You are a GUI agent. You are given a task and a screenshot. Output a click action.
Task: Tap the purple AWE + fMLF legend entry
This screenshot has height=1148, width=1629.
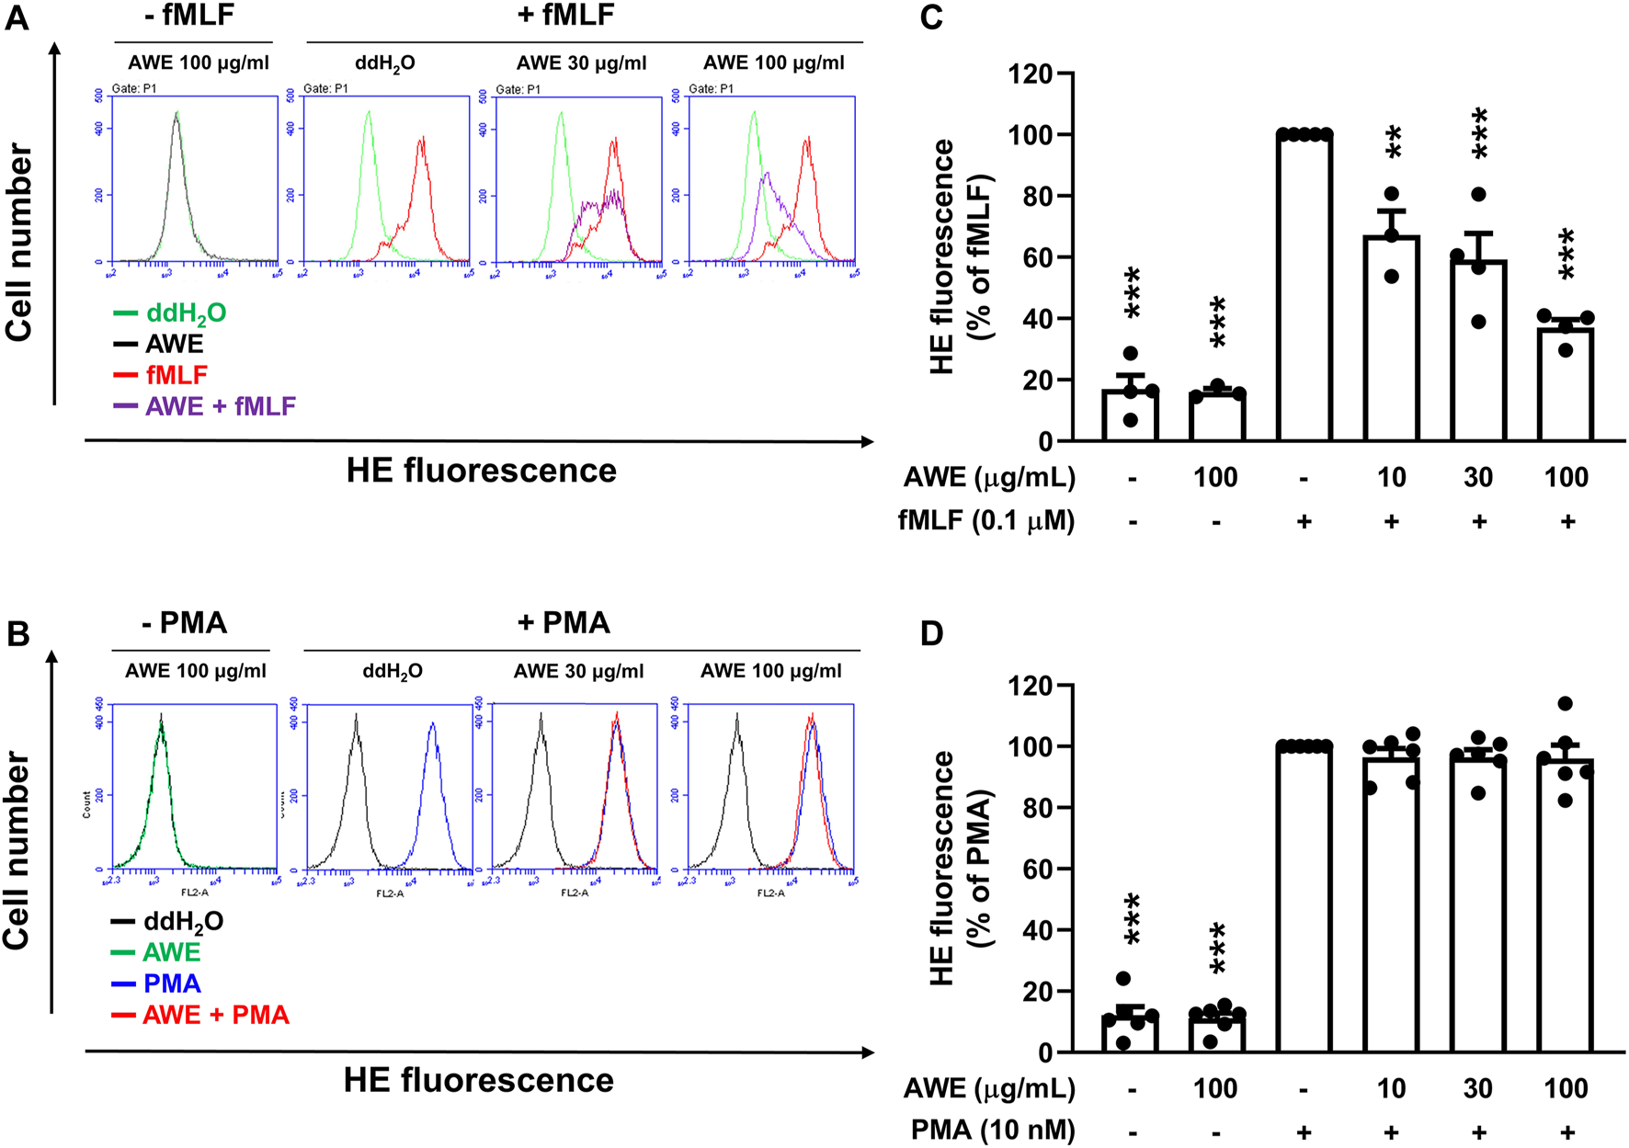pos(220,406)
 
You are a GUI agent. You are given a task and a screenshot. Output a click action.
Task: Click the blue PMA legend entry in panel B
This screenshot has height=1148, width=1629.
pos(172,983)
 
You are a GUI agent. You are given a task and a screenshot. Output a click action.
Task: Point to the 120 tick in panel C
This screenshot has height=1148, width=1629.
pos(1031,74)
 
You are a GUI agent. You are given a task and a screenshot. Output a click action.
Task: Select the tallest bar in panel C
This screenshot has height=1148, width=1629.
pos(1304,288)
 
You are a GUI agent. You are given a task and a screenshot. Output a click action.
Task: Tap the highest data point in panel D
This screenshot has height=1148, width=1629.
pos(1566,704)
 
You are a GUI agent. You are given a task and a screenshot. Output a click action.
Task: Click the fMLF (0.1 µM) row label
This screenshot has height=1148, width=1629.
pos(985,521)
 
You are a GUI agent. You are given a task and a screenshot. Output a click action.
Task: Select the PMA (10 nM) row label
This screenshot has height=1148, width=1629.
pos(992,1130)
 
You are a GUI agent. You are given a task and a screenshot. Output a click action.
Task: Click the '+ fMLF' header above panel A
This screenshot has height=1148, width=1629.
pos(565,15)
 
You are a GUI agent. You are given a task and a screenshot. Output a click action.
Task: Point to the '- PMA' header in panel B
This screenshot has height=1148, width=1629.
pos(184,622)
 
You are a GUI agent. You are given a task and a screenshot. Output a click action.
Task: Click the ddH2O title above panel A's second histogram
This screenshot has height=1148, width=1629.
pos(385,63)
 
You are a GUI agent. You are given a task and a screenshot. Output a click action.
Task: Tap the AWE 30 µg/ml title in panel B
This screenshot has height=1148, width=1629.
pos(578,671)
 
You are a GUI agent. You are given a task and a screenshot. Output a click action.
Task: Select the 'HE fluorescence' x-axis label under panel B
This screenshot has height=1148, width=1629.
pos(478,1080)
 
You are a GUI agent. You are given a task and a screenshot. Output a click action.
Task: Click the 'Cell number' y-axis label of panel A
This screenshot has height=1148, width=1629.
pos(20,243)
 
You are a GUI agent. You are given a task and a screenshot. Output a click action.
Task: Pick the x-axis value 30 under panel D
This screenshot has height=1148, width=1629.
pos(1477,1088)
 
